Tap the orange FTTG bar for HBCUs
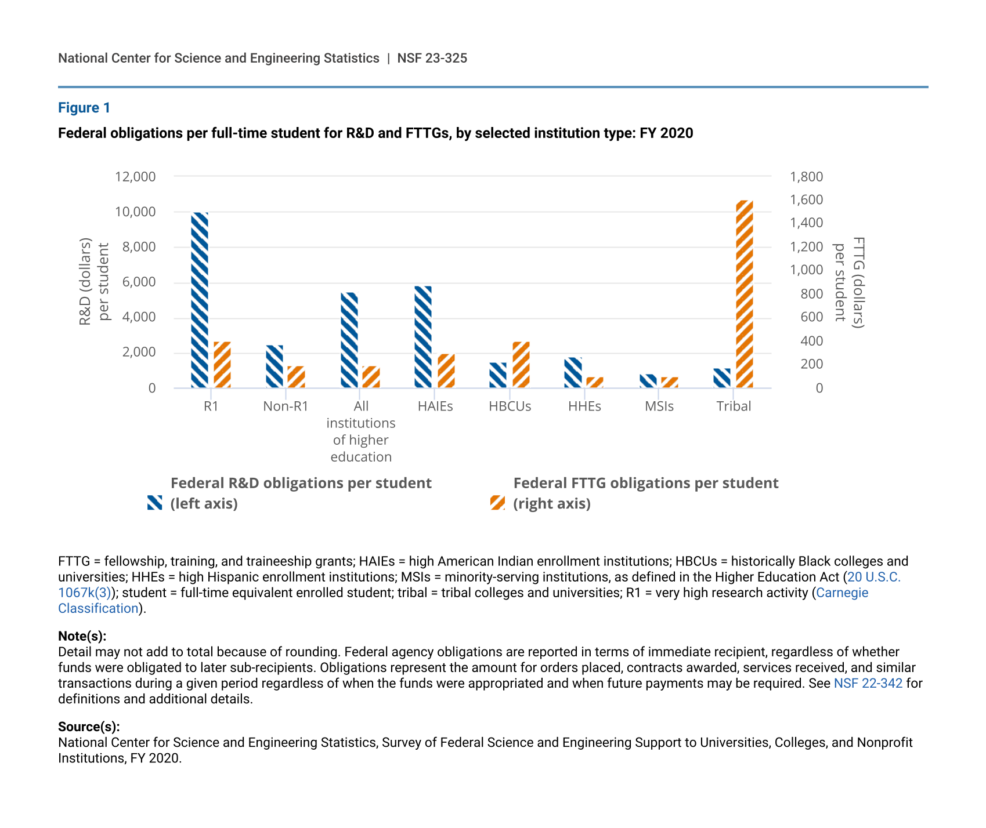coord(521,365)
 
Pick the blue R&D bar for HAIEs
coord(423,337)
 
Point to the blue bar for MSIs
coord(648,381)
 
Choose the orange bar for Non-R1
coord(297,377)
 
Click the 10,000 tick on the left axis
coord(136,212)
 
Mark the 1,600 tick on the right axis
coord(806,199)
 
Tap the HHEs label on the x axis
coord(584,406)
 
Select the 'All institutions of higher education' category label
coord(361,431)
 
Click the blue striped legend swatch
coord(155,503)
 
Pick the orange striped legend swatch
coord(497,503)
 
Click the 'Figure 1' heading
coord(84,108)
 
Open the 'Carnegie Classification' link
coord(841,593)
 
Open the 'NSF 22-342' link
coord(868,683)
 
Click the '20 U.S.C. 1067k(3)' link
coord(873,577)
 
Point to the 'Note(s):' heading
coord(82,636)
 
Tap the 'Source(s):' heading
coord(89,727)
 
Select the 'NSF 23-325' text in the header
coord(432,58)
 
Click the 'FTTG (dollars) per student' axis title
coord(848,282)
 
